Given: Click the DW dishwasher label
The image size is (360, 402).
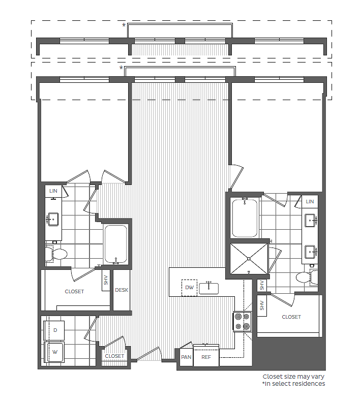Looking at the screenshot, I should click(190, 288).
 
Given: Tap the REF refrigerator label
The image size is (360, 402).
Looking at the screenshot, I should click(206, 357).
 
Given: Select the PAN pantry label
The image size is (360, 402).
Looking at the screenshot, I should click(186, 357).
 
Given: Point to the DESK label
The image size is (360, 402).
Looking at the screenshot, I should click(122, 290).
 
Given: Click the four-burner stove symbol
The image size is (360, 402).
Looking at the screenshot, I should click(242, 321).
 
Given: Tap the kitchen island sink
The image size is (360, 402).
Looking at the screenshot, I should click(208, 288).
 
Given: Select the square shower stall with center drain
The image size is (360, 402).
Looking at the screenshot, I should click(249, 258).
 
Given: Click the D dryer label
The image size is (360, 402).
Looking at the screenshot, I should click(55, 330).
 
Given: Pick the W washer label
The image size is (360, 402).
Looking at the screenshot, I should click(55, 351).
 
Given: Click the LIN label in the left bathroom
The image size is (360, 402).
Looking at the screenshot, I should click(53, 191).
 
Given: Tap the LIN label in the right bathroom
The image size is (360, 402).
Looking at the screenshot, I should click(310, 202).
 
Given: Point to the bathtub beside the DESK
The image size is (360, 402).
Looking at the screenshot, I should click(115, 244).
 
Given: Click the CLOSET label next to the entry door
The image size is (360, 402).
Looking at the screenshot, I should click(114, 356).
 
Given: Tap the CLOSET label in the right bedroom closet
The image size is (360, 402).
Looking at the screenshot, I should click(291, 317).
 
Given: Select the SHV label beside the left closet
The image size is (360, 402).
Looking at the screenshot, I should click(106, 280).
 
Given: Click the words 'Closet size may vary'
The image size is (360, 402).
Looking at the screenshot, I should click(293, 377).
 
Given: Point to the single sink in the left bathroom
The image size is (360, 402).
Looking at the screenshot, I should click(52, 220).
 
